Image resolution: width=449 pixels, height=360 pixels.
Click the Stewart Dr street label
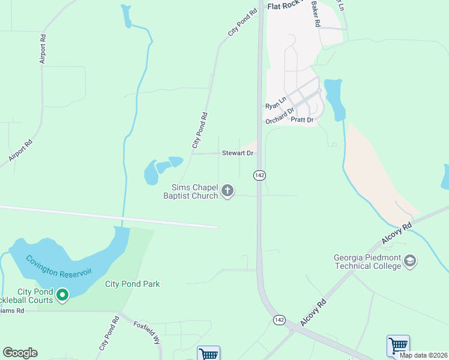238,153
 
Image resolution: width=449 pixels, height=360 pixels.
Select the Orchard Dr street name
280,114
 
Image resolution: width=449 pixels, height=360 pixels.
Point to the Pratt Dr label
302,120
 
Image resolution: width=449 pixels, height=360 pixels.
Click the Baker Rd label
316,15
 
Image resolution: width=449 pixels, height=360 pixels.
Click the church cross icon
228,191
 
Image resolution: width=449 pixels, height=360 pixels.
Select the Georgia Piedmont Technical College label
367,262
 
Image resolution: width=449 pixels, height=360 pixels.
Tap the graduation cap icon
410,261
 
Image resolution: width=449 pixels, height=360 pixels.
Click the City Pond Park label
132,284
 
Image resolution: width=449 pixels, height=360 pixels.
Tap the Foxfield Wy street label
147,331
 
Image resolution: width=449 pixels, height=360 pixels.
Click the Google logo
20,353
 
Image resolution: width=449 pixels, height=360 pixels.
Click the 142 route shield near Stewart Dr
259,175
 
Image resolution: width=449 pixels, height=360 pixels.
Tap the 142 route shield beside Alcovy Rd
279,319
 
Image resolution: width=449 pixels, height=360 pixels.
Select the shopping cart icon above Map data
398,346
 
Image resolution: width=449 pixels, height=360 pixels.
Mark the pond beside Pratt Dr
334,98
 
